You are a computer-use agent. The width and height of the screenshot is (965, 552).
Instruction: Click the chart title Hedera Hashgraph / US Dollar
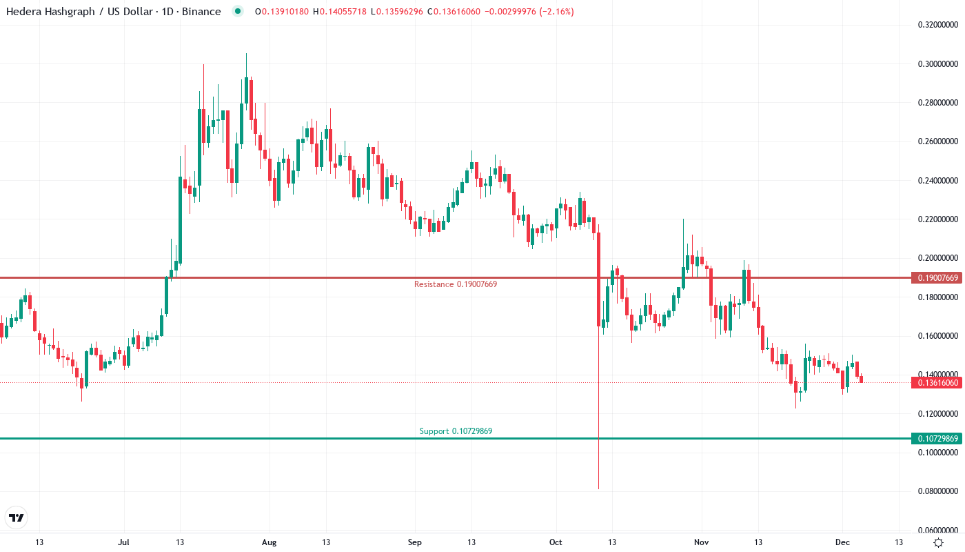point(79,12)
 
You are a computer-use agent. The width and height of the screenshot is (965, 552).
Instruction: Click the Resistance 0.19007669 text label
point(455,284)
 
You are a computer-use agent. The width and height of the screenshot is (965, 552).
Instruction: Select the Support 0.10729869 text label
point(456,431)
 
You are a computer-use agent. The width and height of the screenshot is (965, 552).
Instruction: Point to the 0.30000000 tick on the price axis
point(937,64)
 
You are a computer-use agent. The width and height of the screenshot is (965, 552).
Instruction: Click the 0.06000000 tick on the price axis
point(937,530)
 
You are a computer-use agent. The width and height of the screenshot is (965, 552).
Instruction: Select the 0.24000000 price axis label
point(937,181)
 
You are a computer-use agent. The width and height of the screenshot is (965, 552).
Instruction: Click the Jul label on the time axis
point(125,542)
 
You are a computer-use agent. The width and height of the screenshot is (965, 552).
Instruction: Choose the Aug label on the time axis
point(270,542)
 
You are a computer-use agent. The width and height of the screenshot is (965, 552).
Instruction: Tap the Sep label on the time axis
point(414,542)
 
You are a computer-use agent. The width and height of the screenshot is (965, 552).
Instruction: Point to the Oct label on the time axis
point(556,542)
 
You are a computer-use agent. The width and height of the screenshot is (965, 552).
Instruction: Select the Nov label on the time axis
point(702,542)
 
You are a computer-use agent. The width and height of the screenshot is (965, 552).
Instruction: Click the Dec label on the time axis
point(842,542)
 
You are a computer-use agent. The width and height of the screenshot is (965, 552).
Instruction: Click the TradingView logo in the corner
point(17,517)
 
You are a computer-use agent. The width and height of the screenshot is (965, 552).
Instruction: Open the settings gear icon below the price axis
point(938,542)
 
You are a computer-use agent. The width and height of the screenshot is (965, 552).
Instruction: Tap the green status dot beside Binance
point(238,12)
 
